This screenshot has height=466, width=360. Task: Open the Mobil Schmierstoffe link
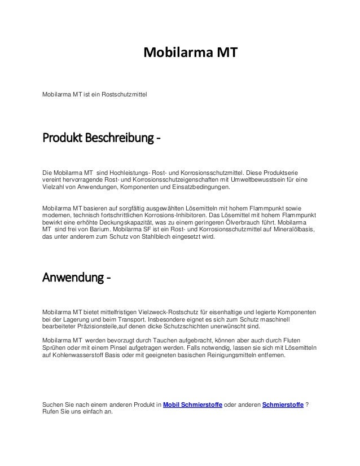pyautogui.click(x=193, y=405)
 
